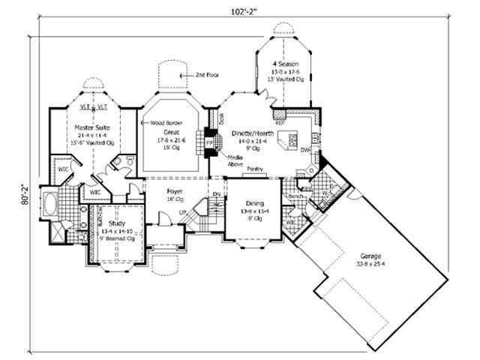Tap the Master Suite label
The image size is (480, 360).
click(x=92, y=128)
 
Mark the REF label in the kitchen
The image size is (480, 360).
click(x=280, y=122)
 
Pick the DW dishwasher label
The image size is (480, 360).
click(x=305, y=150)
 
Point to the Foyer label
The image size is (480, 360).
click(x=176, y=192)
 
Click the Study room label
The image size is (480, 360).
click(x=115, y=223)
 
